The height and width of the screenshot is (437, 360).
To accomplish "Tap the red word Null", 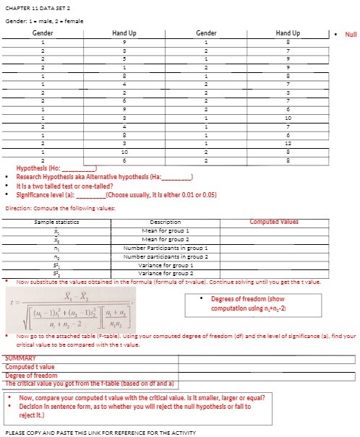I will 351,34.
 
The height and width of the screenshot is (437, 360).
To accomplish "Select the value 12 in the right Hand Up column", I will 288,143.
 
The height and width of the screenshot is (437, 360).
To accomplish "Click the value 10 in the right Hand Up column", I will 288,117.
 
